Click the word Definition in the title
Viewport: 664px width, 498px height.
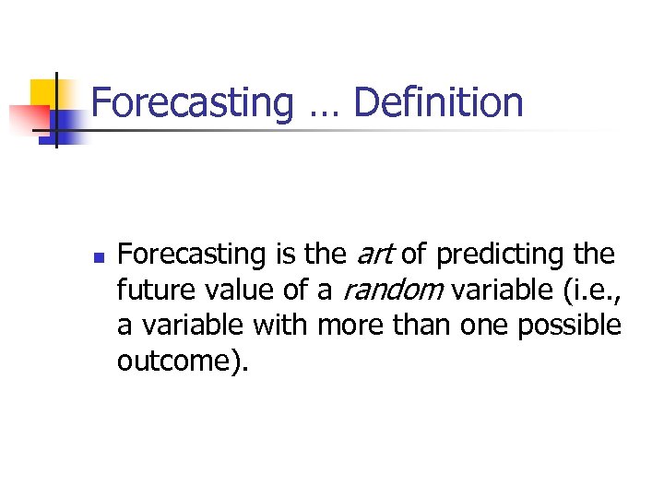[x=438, y=102]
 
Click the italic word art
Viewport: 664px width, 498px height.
[x=374, y=254]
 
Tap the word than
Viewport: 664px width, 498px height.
[x=421, y=326]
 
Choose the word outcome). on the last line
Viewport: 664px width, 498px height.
[x=183, y=362]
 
